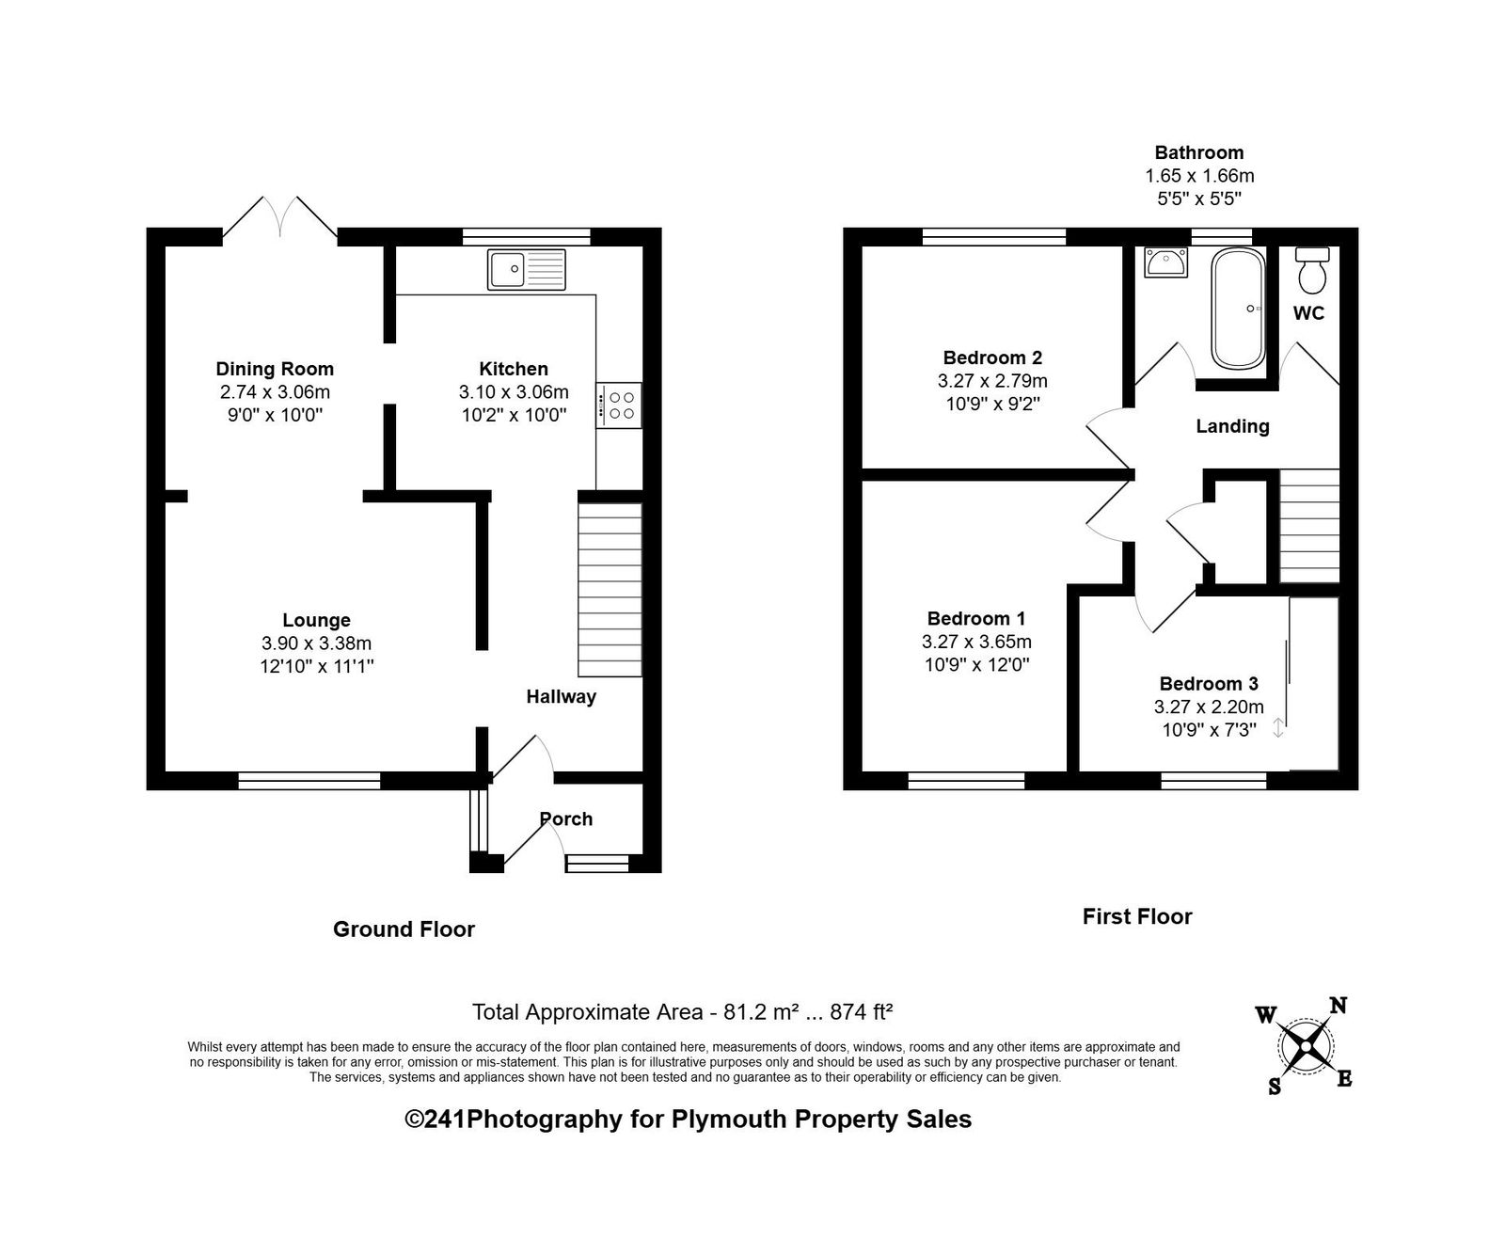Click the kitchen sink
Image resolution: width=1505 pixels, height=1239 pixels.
[x=526, y=269]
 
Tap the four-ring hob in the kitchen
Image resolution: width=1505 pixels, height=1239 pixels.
[x=618, y=405]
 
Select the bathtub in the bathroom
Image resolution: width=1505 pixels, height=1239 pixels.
[x=1238, y=309]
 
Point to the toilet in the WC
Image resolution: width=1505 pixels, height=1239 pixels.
[x=1311, y=271]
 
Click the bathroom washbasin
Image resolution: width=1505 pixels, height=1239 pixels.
[x=1165, y=262]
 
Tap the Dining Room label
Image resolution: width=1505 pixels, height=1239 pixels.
[x=275, y=369]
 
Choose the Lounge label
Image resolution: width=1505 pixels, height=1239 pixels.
[x=316, y=620]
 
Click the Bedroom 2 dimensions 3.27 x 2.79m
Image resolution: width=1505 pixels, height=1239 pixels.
[x=992, y=380]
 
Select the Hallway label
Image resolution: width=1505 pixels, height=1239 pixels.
[x=561, y=696]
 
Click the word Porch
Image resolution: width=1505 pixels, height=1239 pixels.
[x=566, y=818]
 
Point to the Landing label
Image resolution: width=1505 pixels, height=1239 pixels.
[x=1232, y=426]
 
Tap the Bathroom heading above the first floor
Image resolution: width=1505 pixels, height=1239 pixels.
[x=1199, y=152]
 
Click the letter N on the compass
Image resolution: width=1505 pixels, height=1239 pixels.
[x=1338, y=1007]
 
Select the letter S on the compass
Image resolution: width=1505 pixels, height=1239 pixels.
[x=1275, y=1087]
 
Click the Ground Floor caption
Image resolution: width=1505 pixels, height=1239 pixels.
[x=404, y=929]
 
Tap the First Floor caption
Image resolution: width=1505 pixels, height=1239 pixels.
[x=1137, y=916]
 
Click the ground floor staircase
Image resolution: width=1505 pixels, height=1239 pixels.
[x=610, y=590]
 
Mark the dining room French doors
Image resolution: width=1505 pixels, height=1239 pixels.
[x=279, y=217]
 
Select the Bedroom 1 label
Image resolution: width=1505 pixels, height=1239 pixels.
[x=976, y=618]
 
